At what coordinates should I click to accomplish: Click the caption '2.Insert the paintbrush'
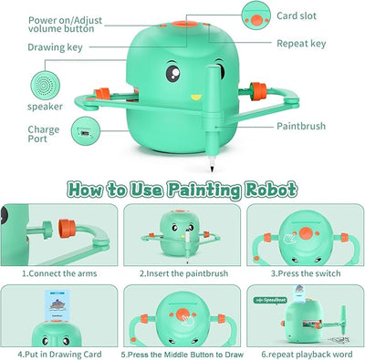182,272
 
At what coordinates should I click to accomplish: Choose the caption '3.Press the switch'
305,272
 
